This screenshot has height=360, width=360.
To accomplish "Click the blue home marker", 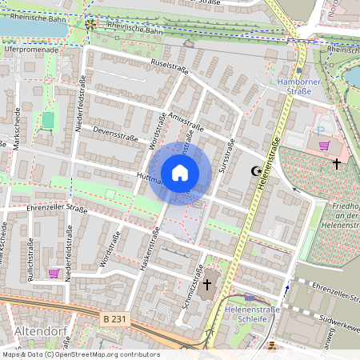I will pyautogui.click(x=180, y=172).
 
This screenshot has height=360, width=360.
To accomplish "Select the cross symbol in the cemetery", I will pyautogui.click(x=337, y=164).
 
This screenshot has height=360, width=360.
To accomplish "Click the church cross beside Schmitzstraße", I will pyautogui.click(x=207, y=284).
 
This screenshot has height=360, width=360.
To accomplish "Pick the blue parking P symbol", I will pyautogui.click(x=321, y=130).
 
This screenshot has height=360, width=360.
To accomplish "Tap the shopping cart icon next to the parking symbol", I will pyautogui.click(x=325, y=146).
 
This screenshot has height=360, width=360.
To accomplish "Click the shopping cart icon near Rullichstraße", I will pyautogui.click(x=54, y=273).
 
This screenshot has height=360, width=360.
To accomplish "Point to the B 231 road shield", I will pyautogui.click(x=114, y=318).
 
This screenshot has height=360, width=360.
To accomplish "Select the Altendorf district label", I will pyautogui.click(x=39, y=330).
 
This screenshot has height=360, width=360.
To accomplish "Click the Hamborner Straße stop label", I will pyautogui.click(x=299, y=86).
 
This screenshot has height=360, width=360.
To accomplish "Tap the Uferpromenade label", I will pyautogui.click(x=31, y=49).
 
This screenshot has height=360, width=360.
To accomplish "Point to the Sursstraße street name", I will pyautogui.click(x=226, y=158).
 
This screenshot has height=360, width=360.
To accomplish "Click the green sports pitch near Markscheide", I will pyautogui.click(x=48, y=120).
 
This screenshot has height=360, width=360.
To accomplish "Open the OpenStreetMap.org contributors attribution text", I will pyautogui.click(x=105, y=354).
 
